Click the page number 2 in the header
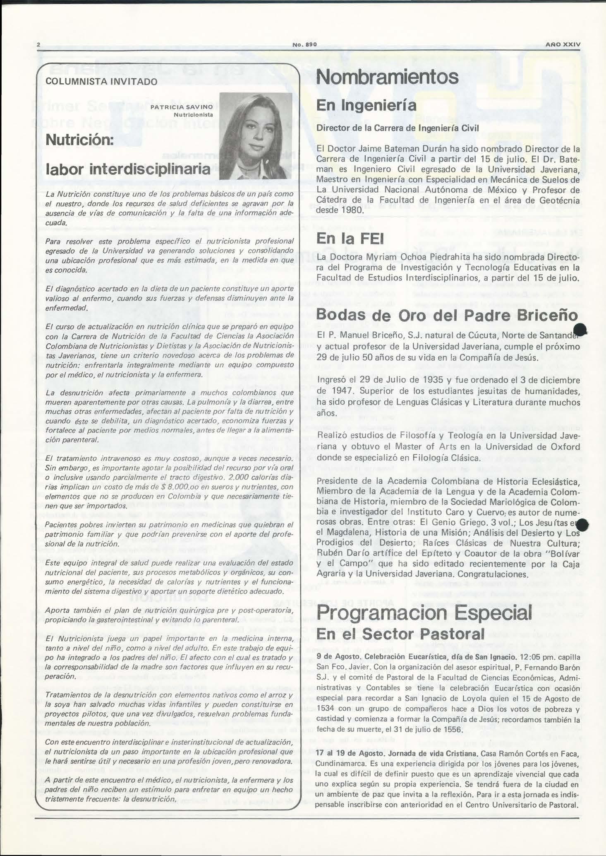pyautogui.click(x=38, y=44)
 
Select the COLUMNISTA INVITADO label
pyautogui.click(x=101, y=82)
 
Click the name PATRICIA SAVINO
pyautogui.click(x=182, y=107)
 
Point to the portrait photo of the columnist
pyautogui.click(x=255, y=136)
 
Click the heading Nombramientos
pyautogui.click(x=387, y=77)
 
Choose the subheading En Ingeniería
pyautogui.click(x=366, y=105)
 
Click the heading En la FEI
pyautogui.click(x=350, y=239)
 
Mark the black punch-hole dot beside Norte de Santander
pyautogui.click(x=581, y=330)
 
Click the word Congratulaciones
pyautogui.click(x=490, y=574)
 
